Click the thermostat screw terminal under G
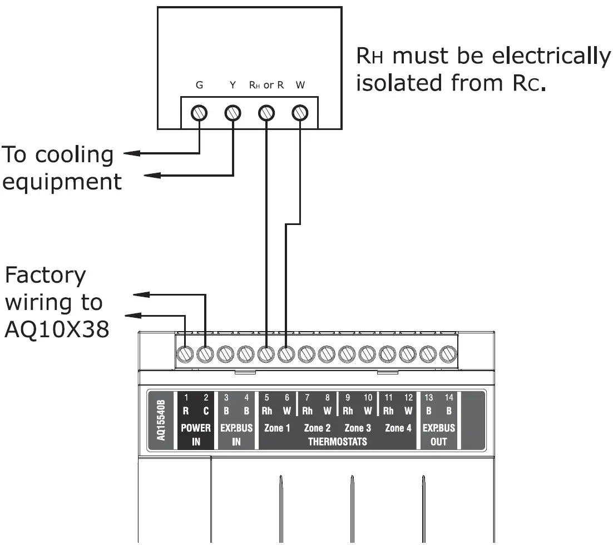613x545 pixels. pyautogui.click(x=199, y=113)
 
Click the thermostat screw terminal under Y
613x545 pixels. pyautogui.click(x=233, y=113)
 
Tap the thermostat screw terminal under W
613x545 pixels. pyautogui.click(x=300, y=113)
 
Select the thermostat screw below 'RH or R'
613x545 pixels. pyautogui.click(x=266, y=113)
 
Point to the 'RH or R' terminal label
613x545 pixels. pyautogui.click(x=266, y=85)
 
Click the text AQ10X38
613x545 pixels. pyautogui.click(x=57, y=329)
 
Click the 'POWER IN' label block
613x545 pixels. pyautogui.click(x=196, y=435)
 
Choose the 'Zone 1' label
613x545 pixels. pyautogui.click(x=277, y=428)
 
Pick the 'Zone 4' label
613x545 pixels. pyautogui.click(x=398, y=428)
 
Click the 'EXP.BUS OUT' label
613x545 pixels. pyautogui.click(x=439, y=435)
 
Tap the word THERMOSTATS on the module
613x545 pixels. pyautogui.click(x=338, y=442)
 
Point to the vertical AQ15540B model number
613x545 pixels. pyautogui.click(x=161, y=420)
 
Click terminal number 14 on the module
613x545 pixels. pyautogui.click(x=449, y=397)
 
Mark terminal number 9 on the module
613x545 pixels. pyautogui.click(x=348, y=397)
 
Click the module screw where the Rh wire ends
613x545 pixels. pyautogui.click(x=266, y=354)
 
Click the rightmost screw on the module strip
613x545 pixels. pyautogui.click(x=448, y=354)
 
